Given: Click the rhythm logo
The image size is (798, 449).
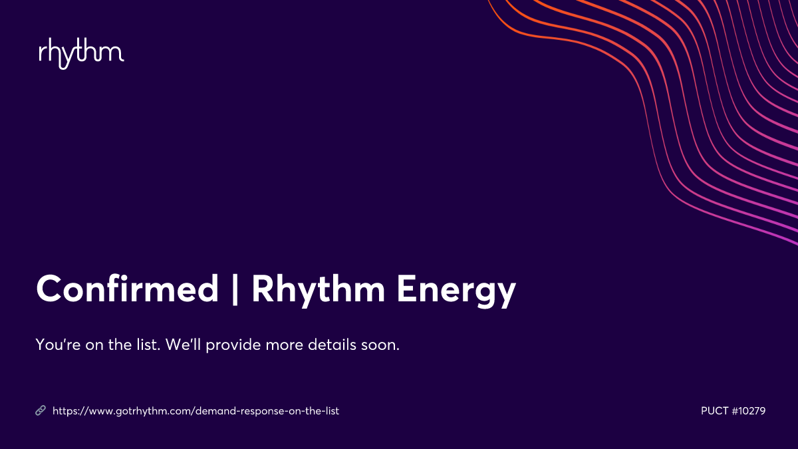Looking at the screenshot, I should [x=81, y=54].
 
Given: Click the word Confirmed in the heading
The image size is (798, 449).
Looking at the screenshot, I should [x=127, y=289].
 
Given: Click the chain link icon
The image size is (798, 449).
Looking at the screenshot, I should [x=41, y=411].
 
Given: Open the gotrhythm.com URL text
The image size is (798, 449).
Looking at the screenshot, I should [x=196, y=411].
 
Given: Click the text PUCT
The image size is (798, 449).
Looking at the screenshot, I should [x=715, y=411].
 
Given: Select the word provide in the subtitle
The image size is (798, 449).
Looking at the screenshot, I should [x=233, y=347].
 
